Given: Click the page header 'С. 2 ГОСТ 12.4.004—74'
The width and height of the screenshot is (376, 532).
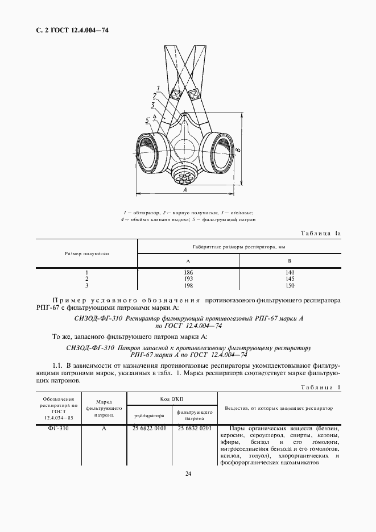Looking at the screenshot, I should tap(68, 30).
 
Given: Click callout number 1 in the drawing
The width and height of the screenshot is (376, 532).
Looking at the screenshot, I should tap(158, 88).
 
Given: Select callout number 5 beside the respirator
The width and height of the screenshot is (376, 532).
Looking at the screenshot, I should tap(147, 120).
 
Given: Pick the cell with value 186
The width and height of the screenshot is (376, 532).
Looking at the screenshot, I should tap(188, 273).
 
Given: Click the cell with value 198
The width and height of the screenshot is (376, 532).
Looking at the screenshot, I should tap(188, 285).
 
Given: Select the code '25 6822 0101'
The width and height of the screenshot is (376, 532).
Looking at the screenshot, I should tap(149, 428).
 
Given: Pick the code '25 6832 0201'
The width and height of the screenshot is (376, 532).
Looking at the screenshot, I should tap(195, 428).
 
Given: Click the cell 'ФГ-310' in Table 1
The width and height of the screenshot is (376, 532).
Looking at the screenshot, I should tap(59, 428).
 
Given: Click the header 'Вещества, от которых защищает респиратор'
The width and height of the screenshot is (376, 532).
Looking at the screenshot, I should tap(279, 408).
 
